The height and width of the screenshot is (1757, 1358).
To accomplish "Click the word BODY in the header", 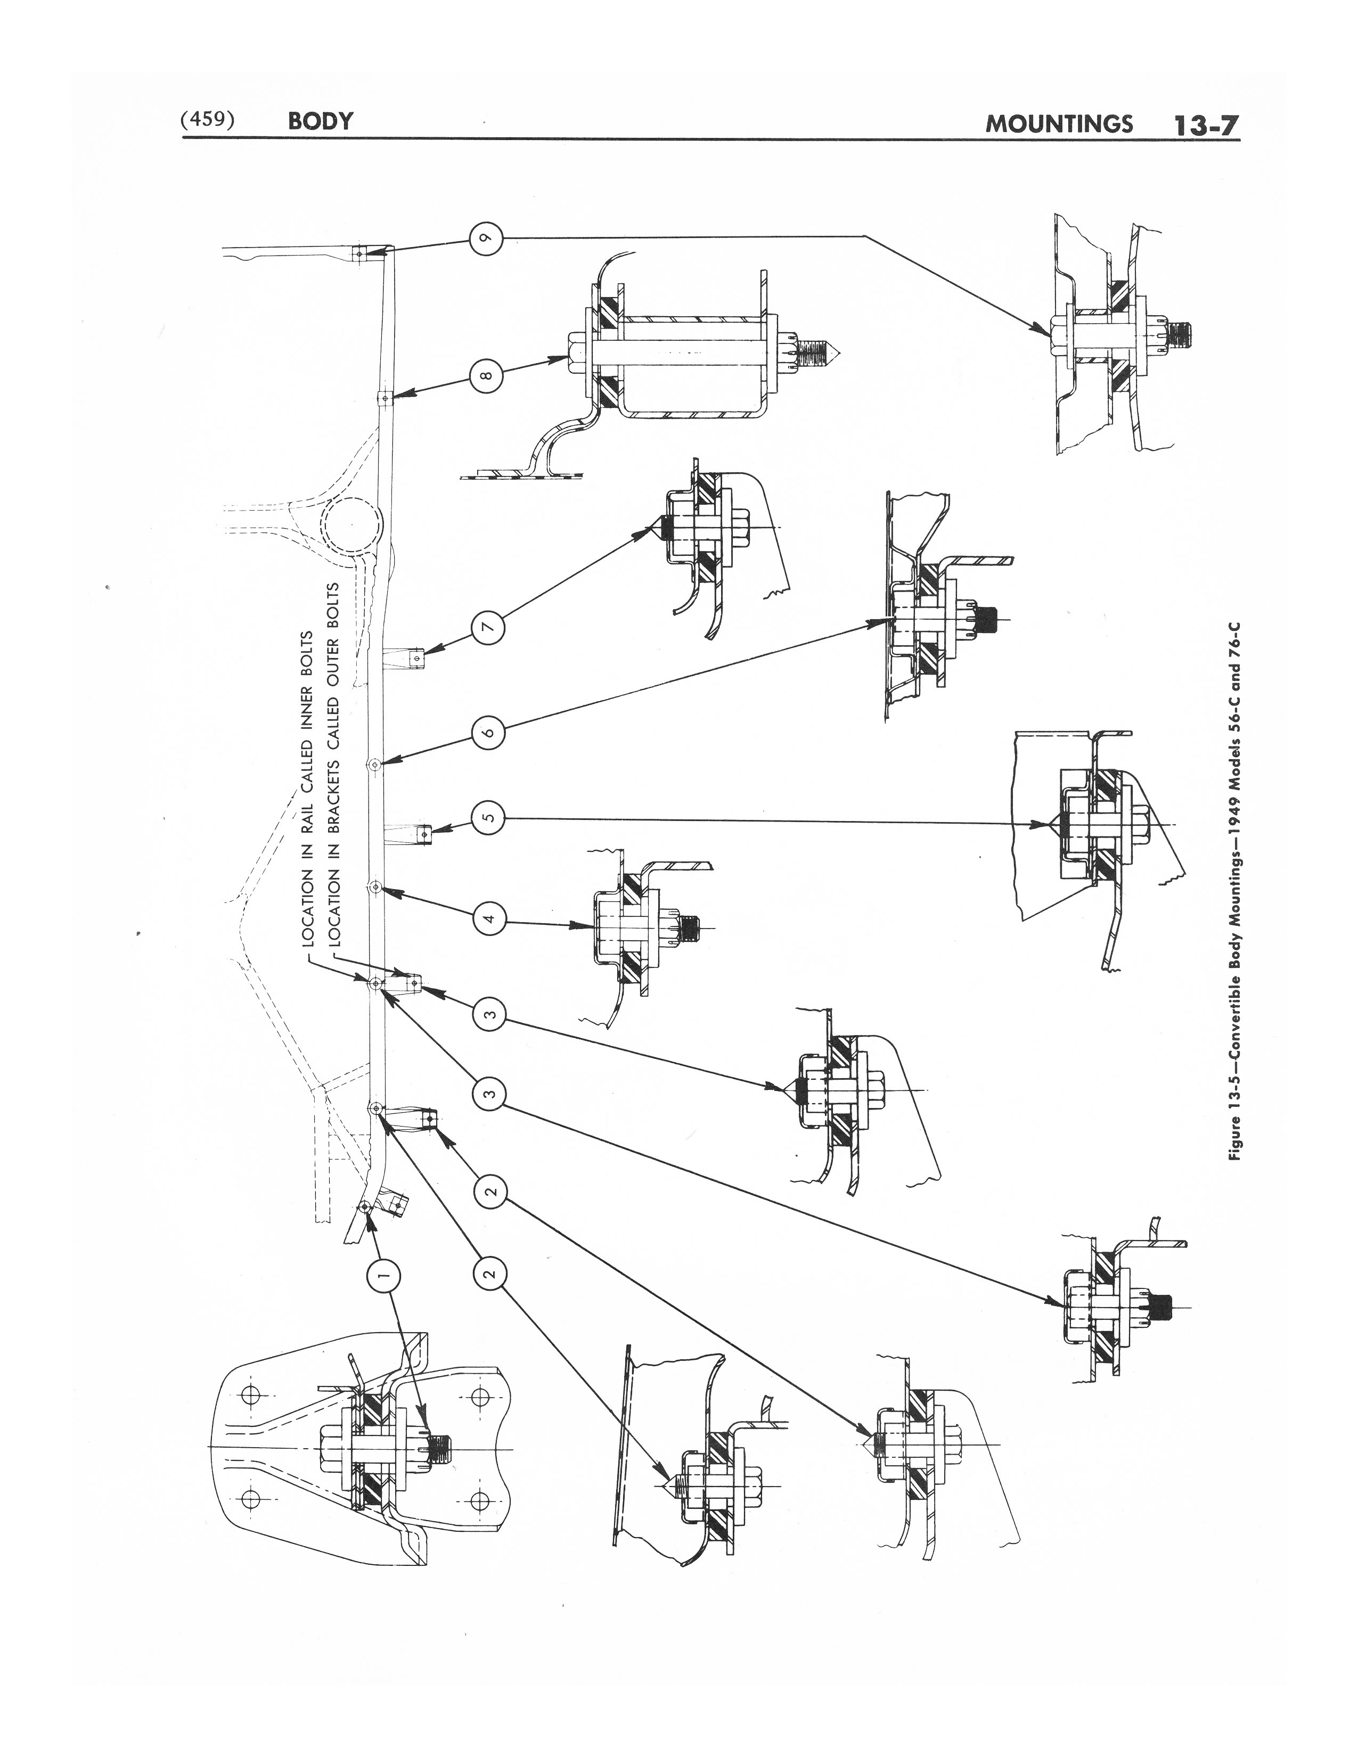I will click(320, 121).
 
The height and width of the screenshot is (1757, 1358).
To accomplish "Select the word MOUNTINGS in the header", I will click(1059, 124).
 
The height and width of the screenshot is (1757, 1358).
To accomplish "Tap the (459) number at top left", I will click(208, 119).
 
